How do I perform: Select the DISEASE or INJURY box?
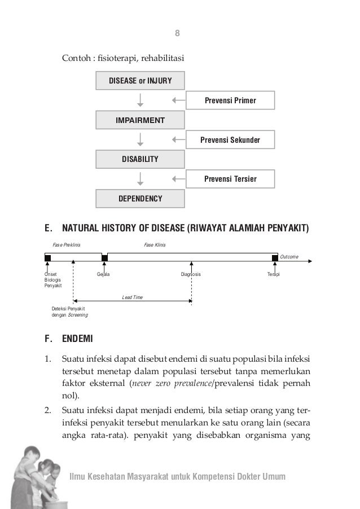140,81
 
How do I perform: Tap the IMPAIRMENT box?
140,120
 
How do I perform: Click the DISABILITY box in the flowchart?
140,160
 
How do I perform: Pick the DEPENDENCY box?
140,199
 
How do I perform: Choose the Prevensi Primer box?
230,100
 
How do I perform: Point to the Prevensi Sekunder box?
230,139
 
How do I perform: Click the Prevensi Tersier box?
230,179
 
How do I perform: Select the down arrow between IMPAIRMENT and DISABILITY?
141,139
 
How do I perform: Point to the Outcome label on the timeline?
289,257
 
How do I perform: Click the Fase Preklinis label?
67,244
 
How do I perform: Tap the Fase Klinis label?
155,244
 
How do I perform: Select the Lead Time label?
132,296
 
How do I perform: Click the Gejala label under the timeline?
103,274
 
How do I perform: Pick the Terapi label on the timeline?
274,274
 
